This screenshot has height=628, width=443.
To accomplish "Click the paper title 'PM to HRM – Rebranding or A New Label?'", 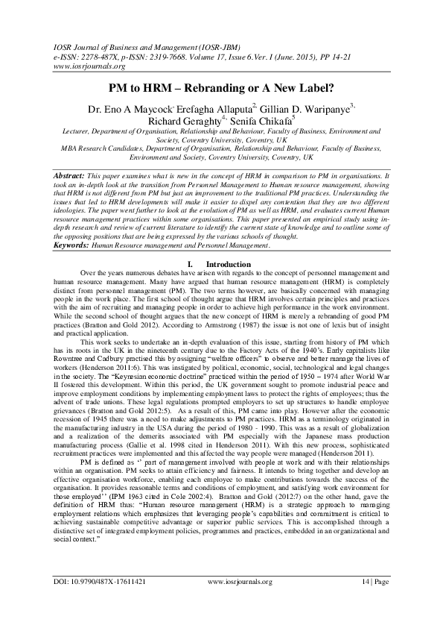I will [x=221, y=87].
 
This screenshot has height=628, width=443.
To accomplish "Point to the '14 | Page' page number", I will [x=372, y=581].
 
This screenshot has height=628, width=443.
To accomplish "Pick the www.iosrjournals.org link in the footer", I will [x=240, y=581].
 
